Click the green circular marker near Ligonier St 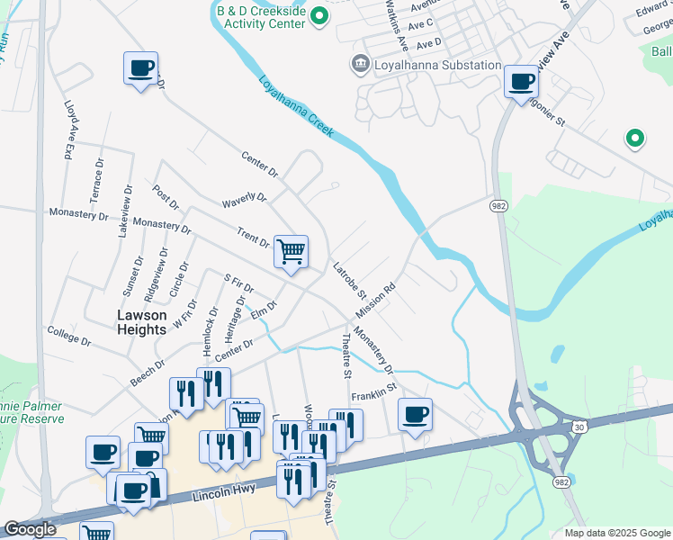634,138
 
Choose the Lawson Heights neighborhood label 142,322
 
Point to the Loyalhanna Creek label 296,107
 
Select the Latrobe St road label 348,281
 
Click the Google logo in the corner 30,529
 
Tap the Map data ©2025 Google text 617,533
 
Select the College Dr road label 69,337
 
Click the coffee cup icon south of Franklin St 415,415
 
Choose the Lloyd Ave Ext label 69,130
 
